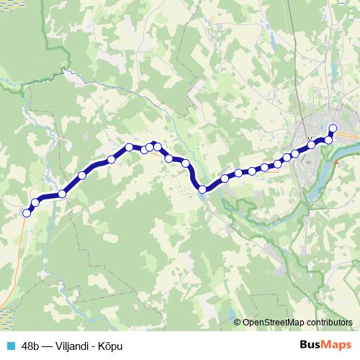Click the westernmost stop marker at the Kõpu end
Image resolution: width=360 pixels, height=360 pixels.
27,212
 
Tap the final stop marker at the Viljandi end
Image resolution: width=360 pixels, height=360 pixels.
333,129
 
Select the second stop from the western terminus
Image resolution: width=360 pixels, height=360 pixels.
35,202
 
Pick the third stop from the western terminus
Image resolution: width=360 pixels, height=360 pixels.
63,194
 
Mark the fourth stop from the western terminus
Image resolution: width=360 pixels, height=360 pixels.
82,175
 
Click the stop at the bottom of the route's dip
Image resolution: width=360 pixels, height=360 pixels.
203,189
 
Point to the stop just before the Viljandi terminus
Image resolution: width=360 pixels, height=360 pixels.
329,140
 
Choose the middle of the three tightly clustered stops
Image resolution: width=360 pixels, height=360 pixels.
150,148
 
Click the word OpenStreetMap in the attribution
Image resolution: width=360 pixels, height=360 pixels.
271,322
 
